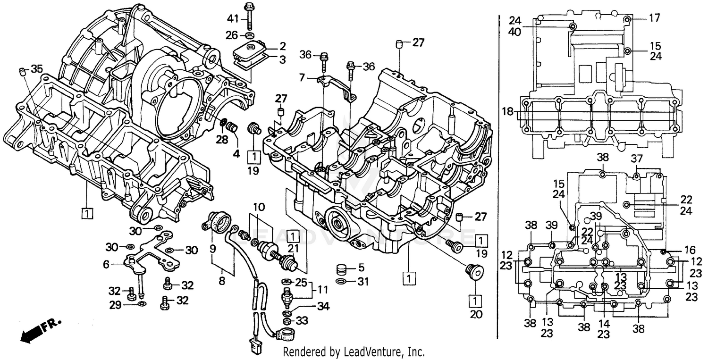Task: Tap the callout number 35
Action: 36,69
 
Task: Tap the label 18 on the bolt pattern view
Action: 507,112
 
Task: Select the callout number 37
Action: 637,158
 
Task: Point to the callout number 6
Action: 106,265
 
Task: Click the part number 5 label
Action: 361,268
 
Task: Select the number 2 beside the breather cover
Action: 282,46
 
